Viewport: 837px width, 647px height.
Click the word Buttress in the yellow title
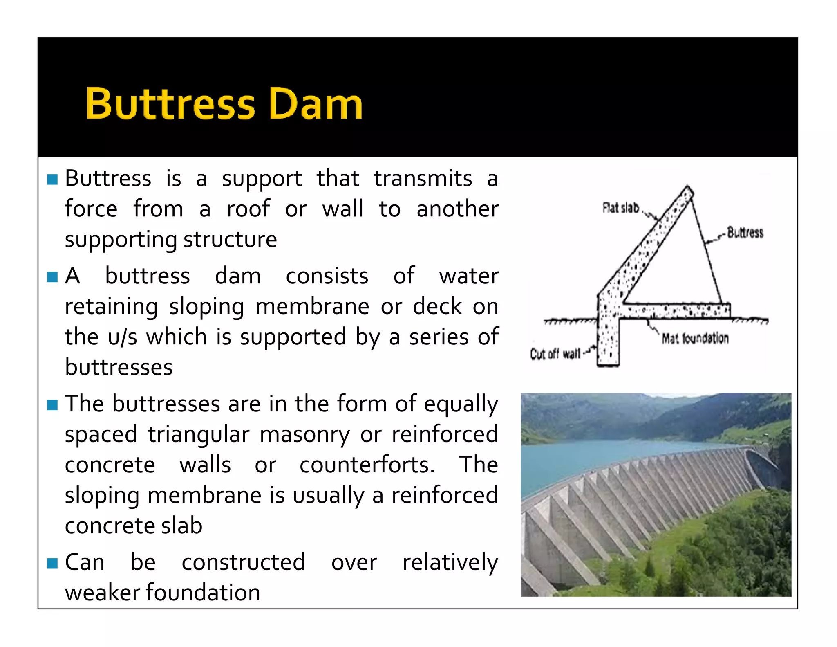[170, 104]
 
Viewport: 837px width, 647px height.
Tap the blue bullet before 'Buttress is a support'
[52, 180]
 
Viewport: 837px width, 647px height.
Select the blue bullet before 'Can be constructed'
[52, 563]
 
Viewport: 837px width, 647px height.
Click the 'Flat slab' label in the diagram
[620, 208]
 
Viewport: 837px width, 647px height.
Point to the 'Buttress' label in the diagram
[745, 233]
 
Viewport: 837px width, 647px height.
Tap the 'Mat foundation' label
[695, 338]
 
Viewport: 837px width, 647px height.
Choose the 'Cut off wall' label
[555, 353]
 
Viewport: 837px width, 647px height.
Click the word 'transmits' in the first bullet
[423, 179]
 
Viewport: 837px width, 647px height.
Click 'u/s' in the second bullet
[122, 337]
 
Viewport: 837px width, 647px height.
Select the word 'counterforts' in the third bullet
[367, 465]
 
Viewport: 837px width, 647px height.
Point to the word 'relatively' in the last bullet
[450, 562]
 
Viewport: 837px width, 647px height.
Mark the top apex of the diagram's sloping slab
[689, 189]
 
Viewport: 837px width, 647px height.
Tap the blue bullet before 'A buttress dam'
[52, 277]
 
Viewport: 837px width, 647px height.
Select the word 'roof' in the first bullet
[248, 209]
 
